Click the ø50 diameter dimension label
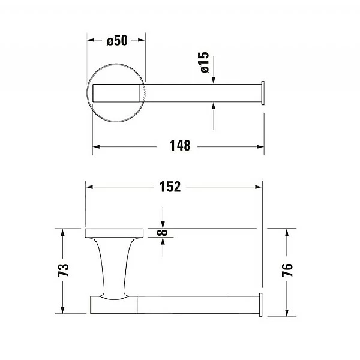click(x=116, y=41)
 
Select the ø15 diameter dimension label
click(x=205, y=62)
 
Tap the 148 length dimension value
click(x=179, y=146)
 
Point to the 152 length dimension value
click(x=170, y=187)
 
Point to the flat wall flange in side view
click(x=113, y=233)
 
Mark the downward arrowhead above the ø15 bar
click(x=214, y=79)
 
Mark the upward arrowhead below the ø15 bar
click(x=214, y=106)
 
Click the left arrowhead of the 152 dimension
click(x=89, y=187)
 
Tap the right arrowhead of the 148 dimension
click(x=260, y=146)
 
